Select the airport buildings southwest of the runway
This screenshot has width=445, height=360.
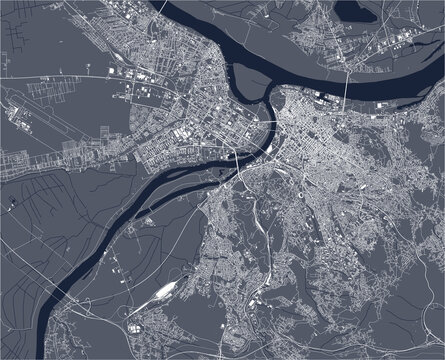point(20,160)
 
